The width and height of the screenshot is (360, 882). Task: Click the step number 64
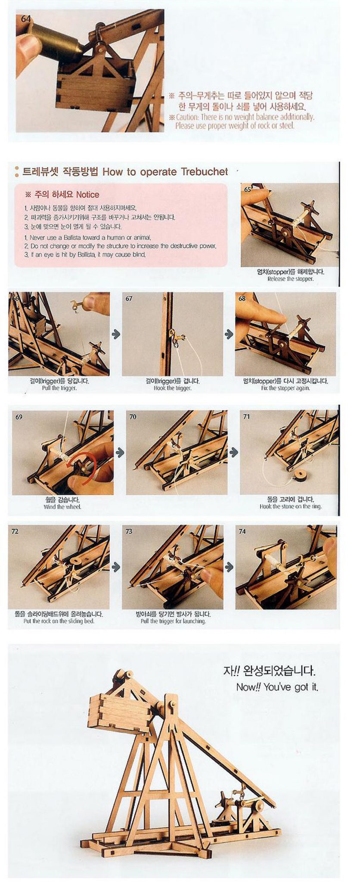[25, 19]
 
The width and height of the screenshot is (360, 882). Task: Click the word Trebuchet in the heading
[205, 172]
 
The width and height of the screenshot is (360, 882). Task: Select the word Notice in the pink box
[87, 195]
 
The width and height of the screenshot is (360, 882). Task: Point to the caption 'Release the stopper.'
[290, 279]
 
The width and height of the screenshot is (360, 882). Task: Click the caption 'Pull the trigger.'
[59, 388]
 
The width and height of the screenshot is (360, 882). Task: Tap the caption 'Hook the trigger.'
[172, 388]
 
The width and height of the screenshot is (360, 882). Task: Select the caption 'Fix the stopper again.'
[286, 388]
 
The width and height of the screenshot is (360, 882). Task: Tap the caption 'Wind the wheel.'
[62, 507]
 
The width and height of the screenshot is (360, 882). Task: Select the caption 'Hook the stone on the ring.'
[291, 506]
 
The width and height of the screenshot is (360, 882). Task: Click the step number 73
[129, 531]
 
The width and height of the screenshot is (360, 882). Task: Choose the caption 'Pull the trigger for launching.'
[173, 621]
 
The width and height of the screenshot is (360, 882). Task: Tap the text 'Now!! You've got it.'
[278, 687]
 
